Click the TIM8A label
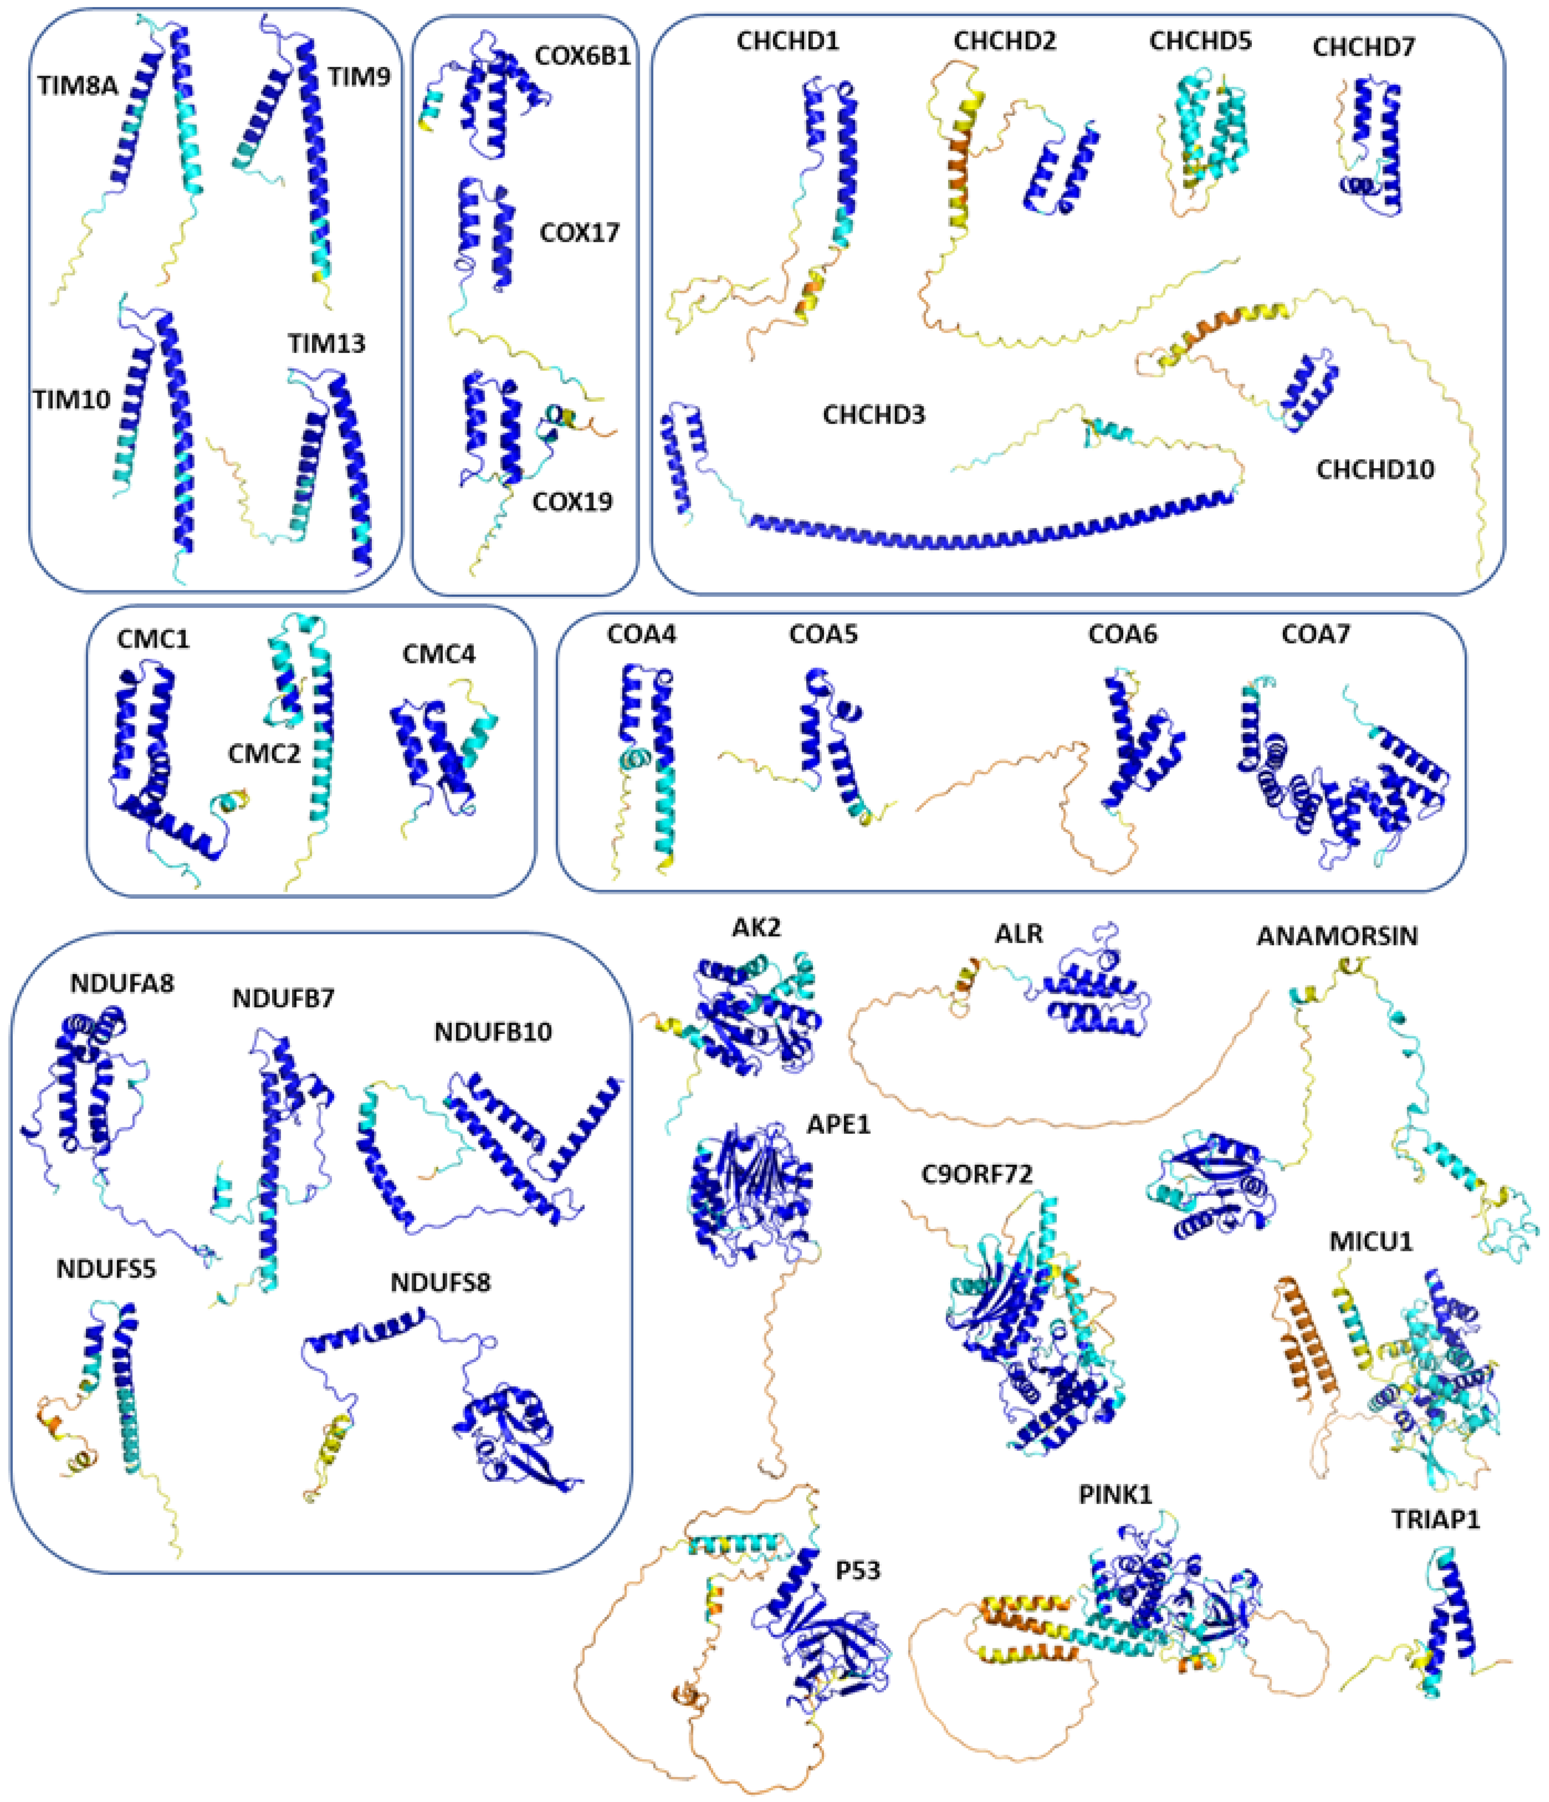coord(78,85)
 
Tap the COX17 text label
coord(579,233)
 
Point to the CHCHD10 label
coord(1374,470)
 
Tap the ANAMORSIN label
coord(1337,937)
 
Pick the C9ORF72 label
coord(977,1174)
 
